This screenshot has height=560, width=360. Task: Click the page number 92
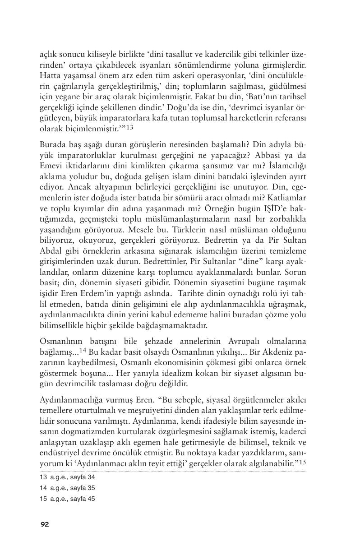[x=44, y=524]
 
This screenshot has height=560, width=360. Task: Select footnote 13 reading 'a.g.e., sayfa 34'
[x=67, y=477]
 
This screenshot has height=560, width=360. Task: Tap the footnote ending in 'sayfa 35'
[x=67, y=488]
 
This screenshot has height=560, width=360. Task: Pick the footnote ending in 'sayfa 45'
[x=67, y=499]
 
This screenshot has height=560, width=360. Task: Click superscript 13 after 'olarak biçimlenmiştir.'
[x=129, y=127]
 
